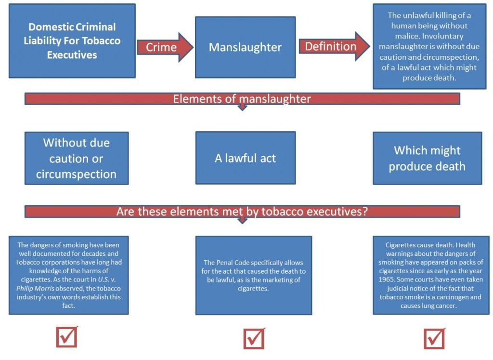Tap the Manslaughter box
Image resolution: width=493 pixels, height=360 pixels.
[245, 47]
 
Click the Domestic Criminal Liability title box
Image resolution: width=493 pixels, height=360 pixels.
[72, 41]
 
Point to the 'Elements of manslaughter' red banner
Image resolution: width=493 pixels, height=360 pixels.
[242, 99]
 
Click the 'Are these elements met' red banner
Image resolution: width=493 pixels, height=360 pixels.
[242, 212]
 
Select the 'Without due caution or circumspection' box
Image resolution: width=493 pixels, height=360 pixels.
[77, 158]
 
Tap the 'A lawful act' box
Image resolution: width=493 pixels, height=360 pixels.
[245, 158]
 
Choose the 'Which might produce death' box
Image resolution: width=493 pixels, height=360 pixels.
[427, 158]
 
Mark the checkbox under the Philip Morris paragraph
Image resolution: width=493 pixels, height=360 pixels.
[67, 337]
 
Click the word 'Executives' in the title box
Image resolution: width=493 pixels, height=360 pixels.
[72, 54]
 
